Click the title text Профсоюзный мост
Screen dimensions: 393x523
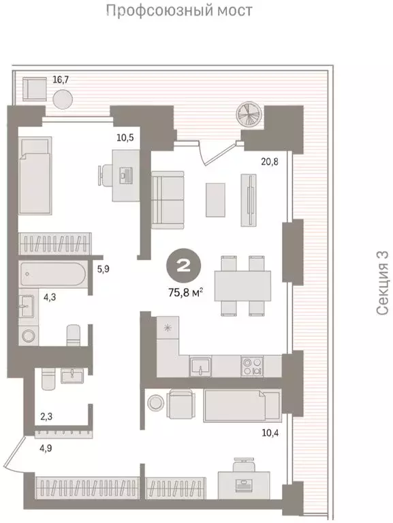point(180,11)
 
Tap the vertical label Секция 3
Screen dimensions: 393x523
point(382,283)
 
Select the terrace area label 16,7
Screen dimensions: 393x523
point(61,80)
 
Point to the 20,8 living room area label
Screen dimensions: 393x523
point(270,162)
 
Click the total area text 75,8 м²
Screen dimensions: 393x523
point(186,293)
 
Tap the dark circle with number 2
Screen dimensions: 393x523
point(184,266)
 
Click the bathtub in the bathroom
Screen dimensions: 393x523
point(52,274)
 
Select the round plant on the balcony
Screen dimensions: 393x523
point(248,114)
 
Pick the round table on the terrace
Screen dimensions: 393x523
point(63,99)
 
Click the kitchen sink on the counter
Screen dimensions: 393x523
point(200,366)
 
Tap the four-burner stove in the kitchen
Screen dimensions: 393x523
point(252,366)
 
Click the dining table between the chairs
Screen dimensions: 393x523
point(242,285)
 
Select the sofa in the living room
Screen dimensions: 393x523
point(168,200)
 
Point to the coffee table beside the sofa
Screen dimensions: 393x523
point(215,200)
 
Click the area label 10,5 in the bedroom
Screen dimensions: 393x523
point(125,137)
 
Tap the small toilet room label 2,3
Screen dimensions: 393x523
point(46,416)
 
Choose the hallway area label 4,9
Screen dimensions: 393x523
point(46,448)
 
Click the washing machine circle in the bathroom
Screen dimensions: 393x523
point(28,335)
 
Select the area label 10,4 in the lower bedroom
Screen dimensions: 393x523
point(270,433)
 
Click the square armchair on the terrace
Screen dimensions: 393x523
point(34,89)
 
